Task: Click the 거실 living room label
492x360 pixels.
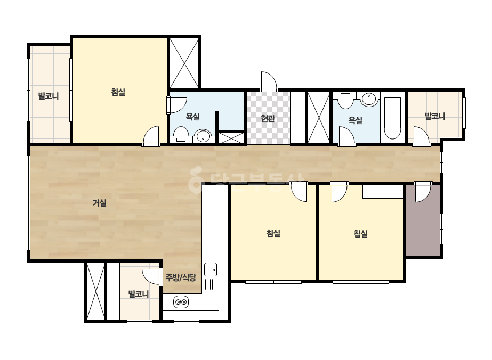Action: pos(100,203)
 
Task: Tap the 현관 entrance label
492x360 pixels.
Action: pos(268,119)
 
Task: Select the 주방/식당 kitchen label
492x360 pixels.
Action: pos(181,277)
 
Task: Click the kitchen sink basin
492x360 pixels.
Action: pos(210,269)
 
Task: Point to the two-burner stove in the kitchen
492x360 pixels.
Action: pos(181,302)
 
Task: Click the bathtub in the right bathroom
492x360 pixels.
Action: pos(392,118)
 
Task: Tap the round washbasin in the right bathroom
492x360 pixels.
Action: pos(368,99)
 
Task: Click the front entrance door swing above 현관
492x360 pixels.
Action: pos(269,81)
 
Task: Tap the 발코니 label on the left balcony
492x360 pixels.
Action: pos(49,96)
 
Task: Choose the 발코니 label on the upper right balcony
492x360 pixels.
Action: pos(434,116)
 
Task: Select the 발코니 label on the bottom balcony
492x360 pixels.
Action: pos(139,294)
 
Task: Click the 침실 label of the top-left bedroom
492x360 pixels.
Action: pos(118,92)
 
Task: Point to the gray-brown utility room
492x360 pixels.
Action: pos(423,220)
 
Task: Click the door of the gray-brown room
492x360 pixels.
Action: pos(423,192)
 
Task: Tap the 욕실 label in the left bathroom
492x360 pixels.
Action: pos(192,116)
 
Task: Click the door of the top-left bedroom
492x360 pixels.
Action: pos(151,136)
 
